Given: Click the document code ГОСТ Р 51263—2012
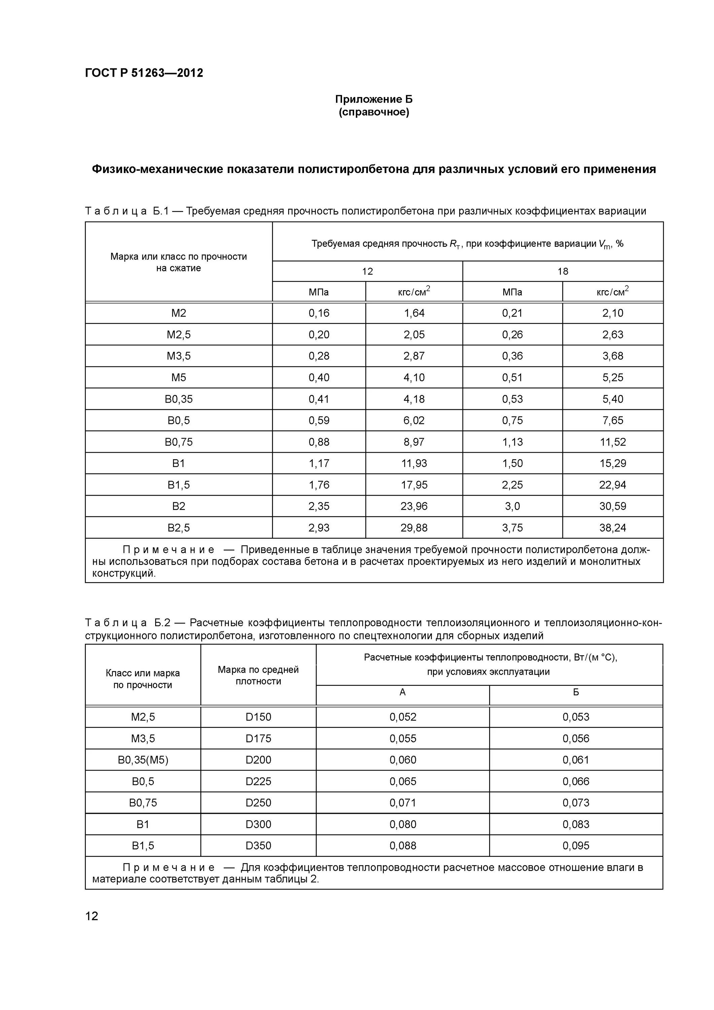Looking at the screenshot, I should (x=144, y=73).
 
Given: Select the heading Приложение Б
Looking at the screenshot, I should (x=374, y=99).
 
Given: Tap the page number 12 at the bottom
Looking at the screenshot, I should (x=92, y=916).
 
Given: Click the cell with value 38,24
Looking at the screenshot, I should (x=612, y=528).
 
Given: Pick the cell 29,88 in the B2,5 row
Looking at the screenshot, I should (x=413, y=528).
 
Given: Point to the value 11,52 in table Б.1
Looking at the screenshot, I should (x=612, y=442).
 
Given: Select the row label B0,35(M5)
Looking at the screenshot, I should (x=143, y=760).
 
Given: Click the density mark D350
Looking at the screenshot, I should (x=258, y=845).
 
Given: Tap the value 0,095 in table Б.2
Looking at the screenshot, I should (x=575, y=845).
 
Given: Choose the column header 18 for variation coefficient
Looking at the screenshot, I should (x=563, y=271).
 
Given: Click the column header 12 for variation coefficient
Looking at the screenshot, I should (x=367, y=271).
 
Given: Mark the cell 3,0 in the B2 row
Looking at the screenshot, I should (x=512, y=506).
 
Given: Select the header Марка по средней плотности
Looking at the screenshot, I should (x=258, y=675).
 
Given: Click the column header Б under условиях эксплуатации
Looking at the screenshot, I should (x=575, y=693).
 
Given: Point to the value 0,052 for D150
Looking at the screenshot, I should (x=403, y=717).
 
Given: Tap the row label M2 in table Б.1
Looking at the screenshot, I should (x=179, y=313).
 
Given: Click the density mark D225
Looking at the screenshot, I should (x=258, y=781).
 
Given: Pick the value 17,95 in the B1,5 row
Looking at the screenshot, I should (x=413, y=484).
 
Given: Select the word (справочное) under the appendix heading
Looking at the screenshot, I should (x=374, y=112).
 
